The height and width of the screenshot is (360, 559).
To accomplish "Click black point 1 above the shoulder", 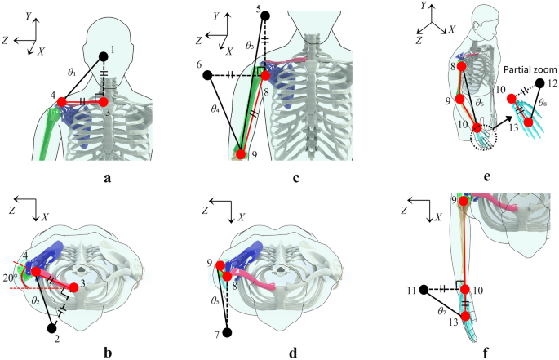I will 104,56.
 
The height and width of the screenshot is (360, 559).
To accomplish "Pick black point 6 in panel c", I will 209,76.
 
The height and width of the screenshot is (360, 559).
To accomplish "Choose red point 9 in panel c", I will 240,151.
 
